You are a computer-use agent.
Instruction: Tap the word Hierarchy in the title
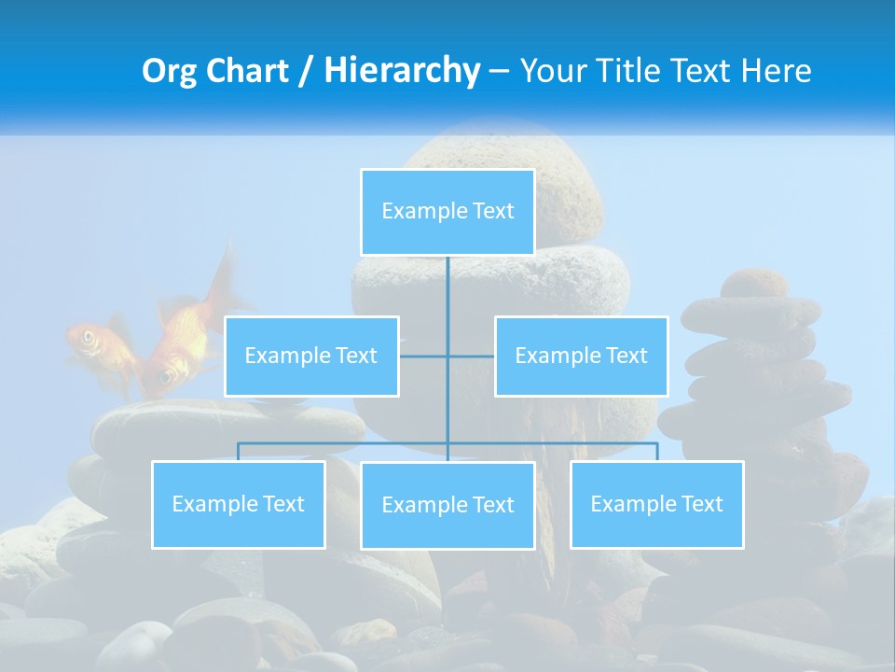point(402,71)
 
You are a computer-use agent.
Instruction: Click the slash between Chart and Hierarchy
point(307,72)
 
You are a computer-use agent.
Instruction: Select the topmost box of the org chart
point(447,212)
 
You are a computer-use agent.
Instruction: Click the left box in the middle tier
point(311,356)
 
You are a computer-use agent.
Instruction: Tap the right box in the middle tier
point(581,356)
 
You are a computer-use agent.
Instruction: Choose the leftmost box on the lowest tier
point(238,504)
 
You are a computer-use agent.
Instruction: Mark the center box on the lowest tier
point(447,505)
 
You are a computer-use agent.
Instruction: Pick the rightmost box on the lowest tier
point(656,504)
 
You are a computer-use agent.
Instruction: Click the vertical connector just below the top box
point(447,285)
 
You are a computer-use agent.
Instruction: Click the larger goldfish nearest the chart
point(182,345)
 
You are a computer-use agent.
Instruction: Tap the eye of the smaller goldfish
point(89,337)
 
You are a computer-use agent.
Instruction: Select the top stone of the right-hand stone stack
point(755,281)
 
